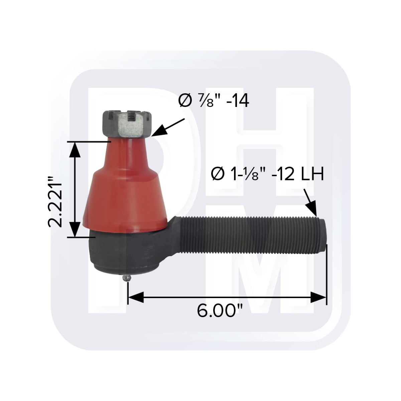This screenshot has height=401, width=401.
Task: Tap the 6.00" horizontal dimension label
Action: pyautogui.click(x=220, y=311)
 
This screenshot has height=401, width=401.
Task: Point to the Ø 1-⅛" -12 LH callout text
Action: pyautogui.click(x=267, y=174)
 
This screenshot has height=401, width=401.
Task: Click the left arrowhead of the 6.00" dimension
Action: pyautogui.click(x=136, y=297)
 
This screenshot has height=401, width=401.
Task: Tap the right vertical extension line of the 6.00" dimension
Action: pyautogui.click(x=326, y=274)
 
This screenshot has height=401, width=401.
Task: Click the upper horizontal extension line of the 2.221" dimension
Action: pyautogui.click(x=89, y=142)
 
